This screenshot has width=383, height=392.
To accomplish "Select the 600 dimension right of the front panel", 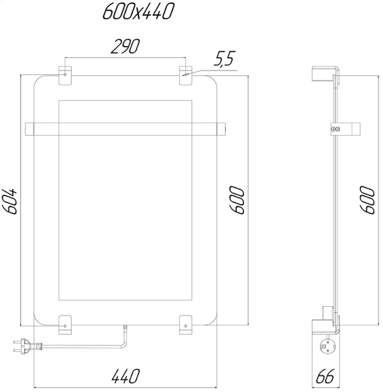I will pyautogui.click(x=237, y=199).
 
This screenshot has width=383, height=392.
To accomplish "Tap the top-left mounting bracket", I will pyautogui.click(x=65, y=76).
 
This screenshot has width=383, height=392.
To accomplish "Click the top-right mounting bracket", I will pyautogui.click(x=186, y=76).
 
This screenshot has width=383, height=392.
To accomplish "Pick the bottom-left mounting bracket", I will pyautogui.click(x=65, y=324).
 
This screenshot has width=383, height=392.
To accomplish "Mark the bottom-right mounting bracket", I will pyautogui.click(x=186, y=324).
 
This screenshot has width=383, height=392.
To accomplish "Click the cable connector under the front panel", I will pyautogui.click(x=125, y=328).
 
